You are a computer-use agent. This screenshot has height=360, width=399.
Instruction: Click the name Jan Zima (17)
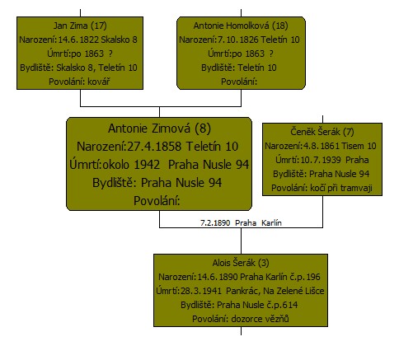click(x=80, y=26)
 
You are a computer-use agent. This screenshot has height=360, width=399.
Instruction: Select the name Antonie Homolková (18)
click(x=241, y=26)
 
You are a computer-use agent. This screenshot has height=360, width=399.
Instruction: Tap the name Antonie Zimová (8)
click(x=159, y=129)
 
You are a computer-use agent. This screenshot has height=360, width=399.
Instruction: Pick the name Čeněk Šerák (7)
click(x=322, y=132)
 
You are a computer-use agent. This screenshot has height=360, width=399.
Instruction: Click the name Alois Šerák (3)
click(x=241, y=263)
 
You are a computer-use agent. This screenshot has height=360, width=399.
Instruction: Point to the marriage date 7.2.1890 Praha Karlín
click(x=241, y=222)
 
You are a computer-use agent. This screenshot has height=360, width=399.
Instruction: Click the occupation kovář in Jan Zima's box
click(x=99, y=82)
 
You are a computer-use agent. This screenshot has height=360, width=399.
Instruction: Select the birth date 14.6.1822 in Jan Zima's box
click(x=78, y=40)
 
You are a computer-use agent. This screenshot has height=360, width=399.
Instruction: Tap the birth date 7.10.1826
click(x=238, y=40)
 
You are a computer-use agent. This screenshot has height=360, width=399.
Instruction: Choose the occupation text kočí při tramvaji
click(x=341, y=188)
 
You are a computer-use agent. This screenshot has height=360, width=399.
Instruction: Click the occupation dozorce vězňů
click(x=260, y=319)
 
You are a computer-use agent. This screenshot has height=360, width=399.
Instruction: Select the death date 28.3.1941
click(x=201, y=291)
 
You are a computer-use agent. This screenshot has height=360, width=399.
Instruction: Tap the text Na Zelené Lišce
click(x=293, y=291)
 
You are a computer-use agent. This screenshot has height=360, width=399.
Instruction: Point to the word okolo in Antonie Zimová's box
click(x=115, y=165)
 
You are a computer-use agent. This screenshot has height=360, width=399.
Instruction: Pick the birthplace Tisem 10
click(x=359, y=146)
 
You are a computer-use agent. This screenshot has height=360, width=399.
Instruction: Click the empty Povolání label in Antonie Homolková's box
click(x=239, y=82)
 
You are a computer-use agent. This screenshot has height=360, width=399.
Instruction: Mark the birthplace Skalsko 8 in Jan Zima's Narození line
click(x=119, y=40)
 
